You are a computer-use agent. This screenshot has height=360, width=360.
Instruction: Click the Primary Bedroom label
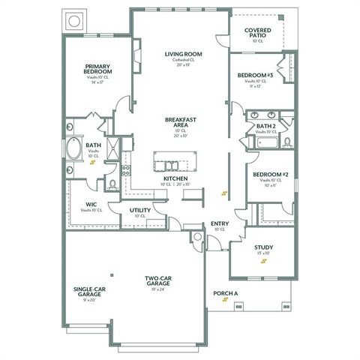(x=97, y=70)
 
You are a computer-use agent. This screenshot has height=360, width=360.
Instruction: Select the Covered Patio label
(x=257, y=33)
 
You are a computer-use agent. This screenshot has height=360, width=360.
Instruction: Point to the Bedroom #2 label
(x=270, y=174)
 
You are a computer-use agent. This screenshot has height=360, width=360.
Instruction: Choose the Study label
(x=263, y=247)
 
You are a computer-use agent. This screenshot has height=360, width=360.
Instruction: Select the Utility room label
(x=140, y=210)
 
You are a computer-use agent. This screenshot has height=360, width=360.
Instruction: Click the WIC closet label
(x=91, y=204)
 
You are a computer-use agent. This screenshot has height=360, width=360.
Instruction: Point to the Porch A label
(x=226, y=293)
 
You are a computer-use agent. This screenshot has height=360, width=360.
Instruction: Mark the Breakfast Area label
(x=181, y=123)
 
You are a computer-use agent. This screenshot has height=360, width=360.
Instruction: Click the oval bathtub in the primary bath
(x=76, y=149)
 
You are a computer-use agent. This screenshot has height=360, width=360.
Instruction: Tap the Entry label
(x=220, y=223)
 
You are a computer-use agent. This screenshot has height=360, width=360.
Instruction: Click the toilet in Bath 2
(x=288, y=141)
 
